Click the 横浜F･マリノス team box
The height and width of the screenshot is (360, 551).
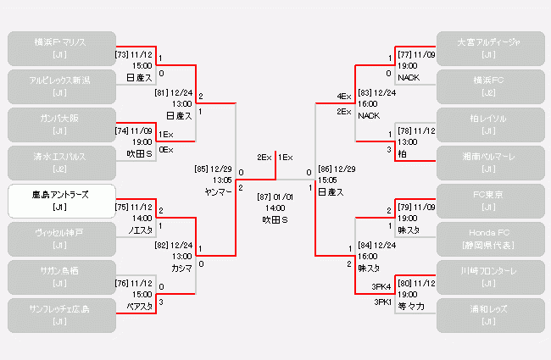[x=60, y=48]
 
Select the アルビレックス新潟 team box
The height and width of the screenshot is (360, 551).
[x=60, y=86]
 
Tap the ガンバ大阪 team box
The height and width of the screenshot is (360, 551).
[x=60, y=125]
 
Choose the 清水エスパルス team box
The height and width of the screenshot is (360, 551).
[x=60, y=163]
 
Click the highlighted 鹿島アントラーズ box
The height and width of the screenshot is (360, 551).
[x=60, y=201]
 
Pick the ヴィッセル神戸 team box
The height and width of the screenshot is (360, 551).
[x=60, y=239]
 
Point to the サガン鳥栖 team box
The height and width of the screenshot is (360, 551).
[x=60, y=277]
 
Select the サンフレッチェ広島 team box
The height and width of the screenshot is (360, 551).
[x=60, y=315]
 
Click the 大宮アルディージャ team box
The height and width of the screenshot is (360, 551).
[x=489, y=48]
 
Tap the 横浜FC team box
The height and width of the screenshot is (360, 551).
[x=489, y=86]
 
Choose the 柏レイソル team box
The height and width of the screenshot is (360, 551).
[x=489, y=125]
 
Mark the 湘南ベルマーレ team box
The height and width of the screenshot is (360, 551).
[x=489, y=163]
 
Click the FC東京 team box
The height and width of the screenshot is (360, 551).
[x=489, y=201]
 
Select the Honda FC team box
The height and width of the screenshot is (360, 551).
[x=489, y=239]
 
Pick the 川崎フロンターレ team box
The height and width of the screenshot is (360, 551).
[x=489, y=277]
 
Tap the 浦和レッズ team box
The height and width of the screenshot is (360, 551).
[x=489, y=315]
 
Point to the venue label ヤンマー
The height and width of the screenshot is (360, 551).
[x=218, y=192]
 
